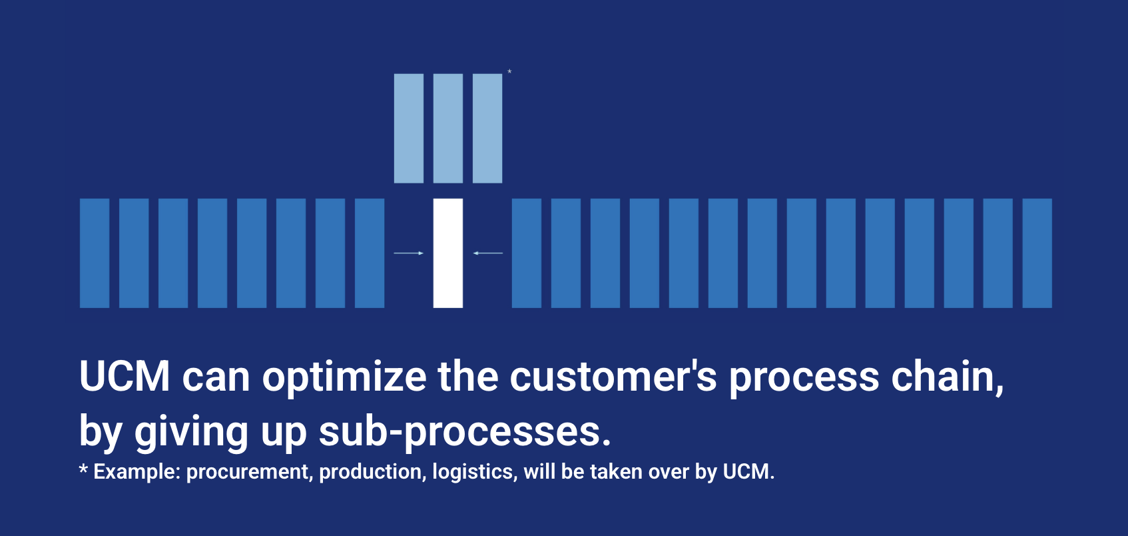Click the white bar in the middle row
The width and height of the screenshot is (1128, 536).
pyautogui.click(x=448, y=253)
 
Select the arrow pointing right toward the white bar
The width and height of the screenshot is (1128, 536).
pyautogui.click(x=408, y=253)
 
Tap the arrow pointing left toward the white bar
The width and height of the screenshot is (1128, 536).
pyautogui.click(x=488, y=253)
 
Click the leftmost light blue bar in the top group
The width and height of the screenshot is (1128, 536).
pyautogui.click(x=409, y=129)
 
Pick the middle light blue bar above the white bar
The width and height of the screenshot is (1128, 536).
pyautogui.click(x=448, y=129)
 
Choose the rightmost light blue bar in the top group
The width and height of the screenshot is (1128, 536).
pyautogui.click(x=487, y=129)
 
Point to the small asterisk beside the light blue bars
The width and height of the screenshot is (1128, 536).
pyautogui.click(x=509, y=71)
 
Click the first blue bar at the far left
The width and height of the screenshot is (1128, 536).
pyautogui.click(x=95, y=253)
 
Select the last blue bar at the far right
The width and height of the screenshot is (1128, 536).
pyautogui.click(x=1037, y=253)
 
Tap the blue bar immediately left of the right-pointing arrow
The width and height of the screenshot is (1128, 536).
pyautogui.click(x=370, y=253)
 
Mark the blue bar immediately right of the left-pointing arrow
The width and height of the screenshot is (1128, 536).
pyautogui.click(x=527, y=253)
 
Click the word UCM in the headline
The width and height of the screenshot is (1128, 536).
pyautogui.click(x=125, y=376)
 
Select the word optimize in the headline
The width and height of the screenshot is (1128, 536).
pyautogui.click(x=344, y=378)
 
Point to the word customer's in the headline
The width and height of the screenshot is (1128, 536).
pyautogui.click(x=613, y=376)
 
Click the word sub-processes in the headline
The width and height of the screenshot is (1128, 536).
pyautogui.click(x=465, y=431)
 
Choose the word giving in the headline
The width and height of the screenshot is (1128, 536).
pyautogui.click(x=191, y=433)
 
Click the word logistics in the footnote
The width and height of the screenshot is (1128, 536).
pyautogui.click(x=475, y=473)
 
